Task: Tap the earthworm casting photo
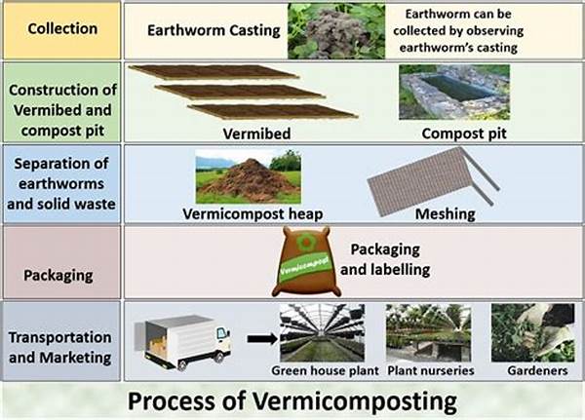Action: coord(320,31)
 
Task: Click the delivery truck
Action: coord(186,338)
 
